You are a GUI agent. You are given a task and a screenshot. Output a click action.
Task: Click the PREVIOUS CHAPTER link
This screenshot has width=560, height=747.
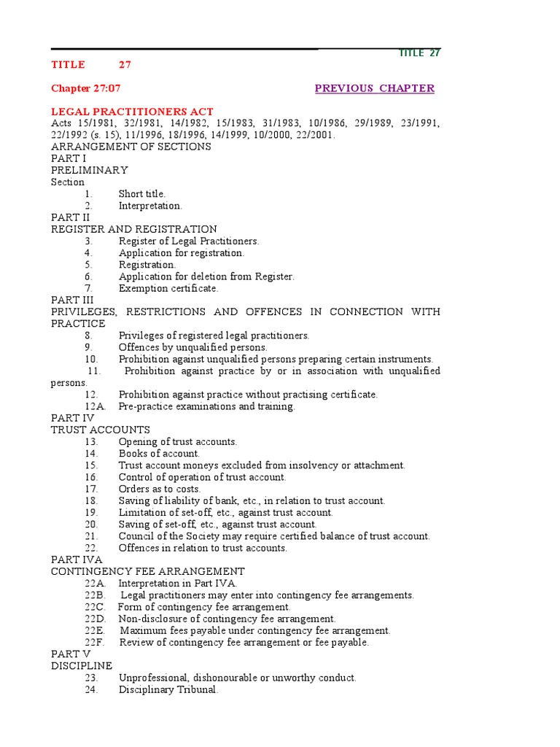[374, 88]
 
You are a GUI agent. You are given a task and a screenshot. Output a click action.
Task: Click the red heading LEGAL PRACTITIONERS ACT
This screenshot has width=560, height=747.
[132, 112]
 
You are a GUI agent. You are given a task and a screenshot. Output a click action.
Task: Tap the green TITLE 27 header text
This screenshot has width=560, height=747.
[419, 53]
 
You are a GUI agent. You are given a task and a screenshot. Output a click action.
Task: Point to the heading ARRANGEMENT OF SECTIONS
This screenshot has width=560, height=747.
[131, 147]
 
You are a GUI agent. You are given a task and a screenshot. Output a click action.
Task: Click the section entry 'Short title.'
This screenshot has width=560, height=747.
[142, 194]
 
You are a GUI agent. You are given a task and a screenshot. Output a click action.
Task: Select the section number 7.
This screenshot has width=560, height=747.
[88, 288]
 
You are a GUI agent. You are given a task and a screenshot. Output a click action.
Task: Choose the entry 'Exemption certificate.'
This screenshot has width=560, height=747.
[168, 288]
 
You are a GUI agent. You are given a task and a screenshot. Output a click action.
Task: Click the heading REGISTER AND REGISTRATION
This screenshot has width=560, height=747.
[133, 229]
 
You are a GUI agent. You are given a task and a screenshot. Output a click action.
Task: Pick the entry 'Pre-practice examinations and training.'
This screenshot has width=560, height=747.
[207, 406]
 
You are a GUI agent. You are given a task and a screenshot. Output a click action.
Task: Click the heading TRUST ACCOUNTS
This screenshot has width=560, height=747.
[100, 430]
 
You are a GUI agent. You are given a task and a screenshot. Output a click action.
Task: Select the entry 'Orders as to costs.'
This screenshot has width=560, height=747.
[160, 489]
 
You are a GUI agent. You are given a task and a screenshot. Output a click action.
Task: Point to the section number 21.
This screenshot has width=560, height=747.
[91, 536]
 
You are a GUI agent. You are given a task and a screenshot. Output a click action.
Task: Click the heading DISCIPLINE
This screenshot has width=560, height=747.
[82, 666]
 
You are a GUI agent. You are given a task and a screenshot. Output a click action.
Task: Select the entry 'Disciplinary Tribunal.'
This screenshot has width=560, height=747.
[168, 689]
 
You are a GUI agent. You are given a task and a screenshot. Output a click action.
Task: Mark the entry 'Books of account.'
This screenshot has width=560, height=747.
[159, 454]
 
